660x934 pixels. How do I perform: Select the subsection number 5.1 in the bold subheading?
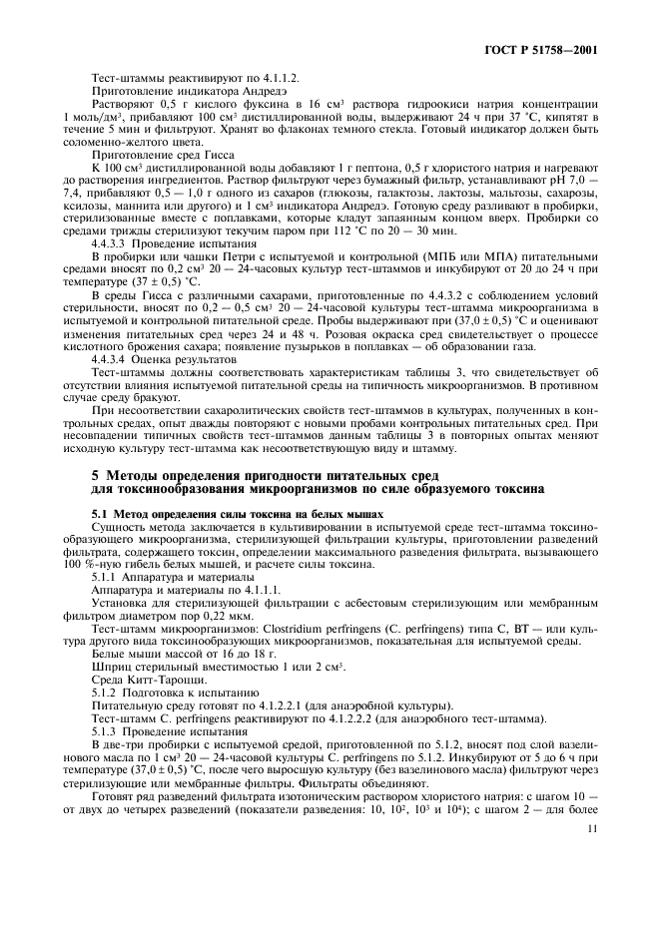coord(101,513)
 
